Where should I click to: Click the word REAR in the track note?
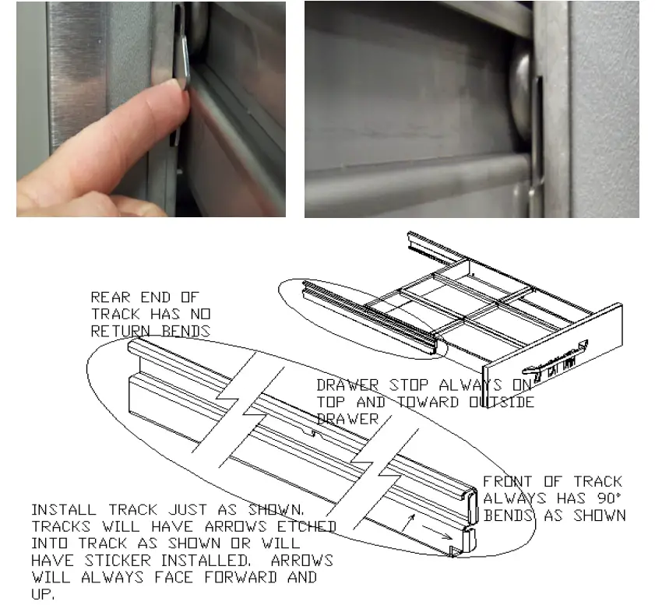[107, 297]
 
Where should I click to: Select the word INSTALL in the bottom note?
[62, 510]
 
